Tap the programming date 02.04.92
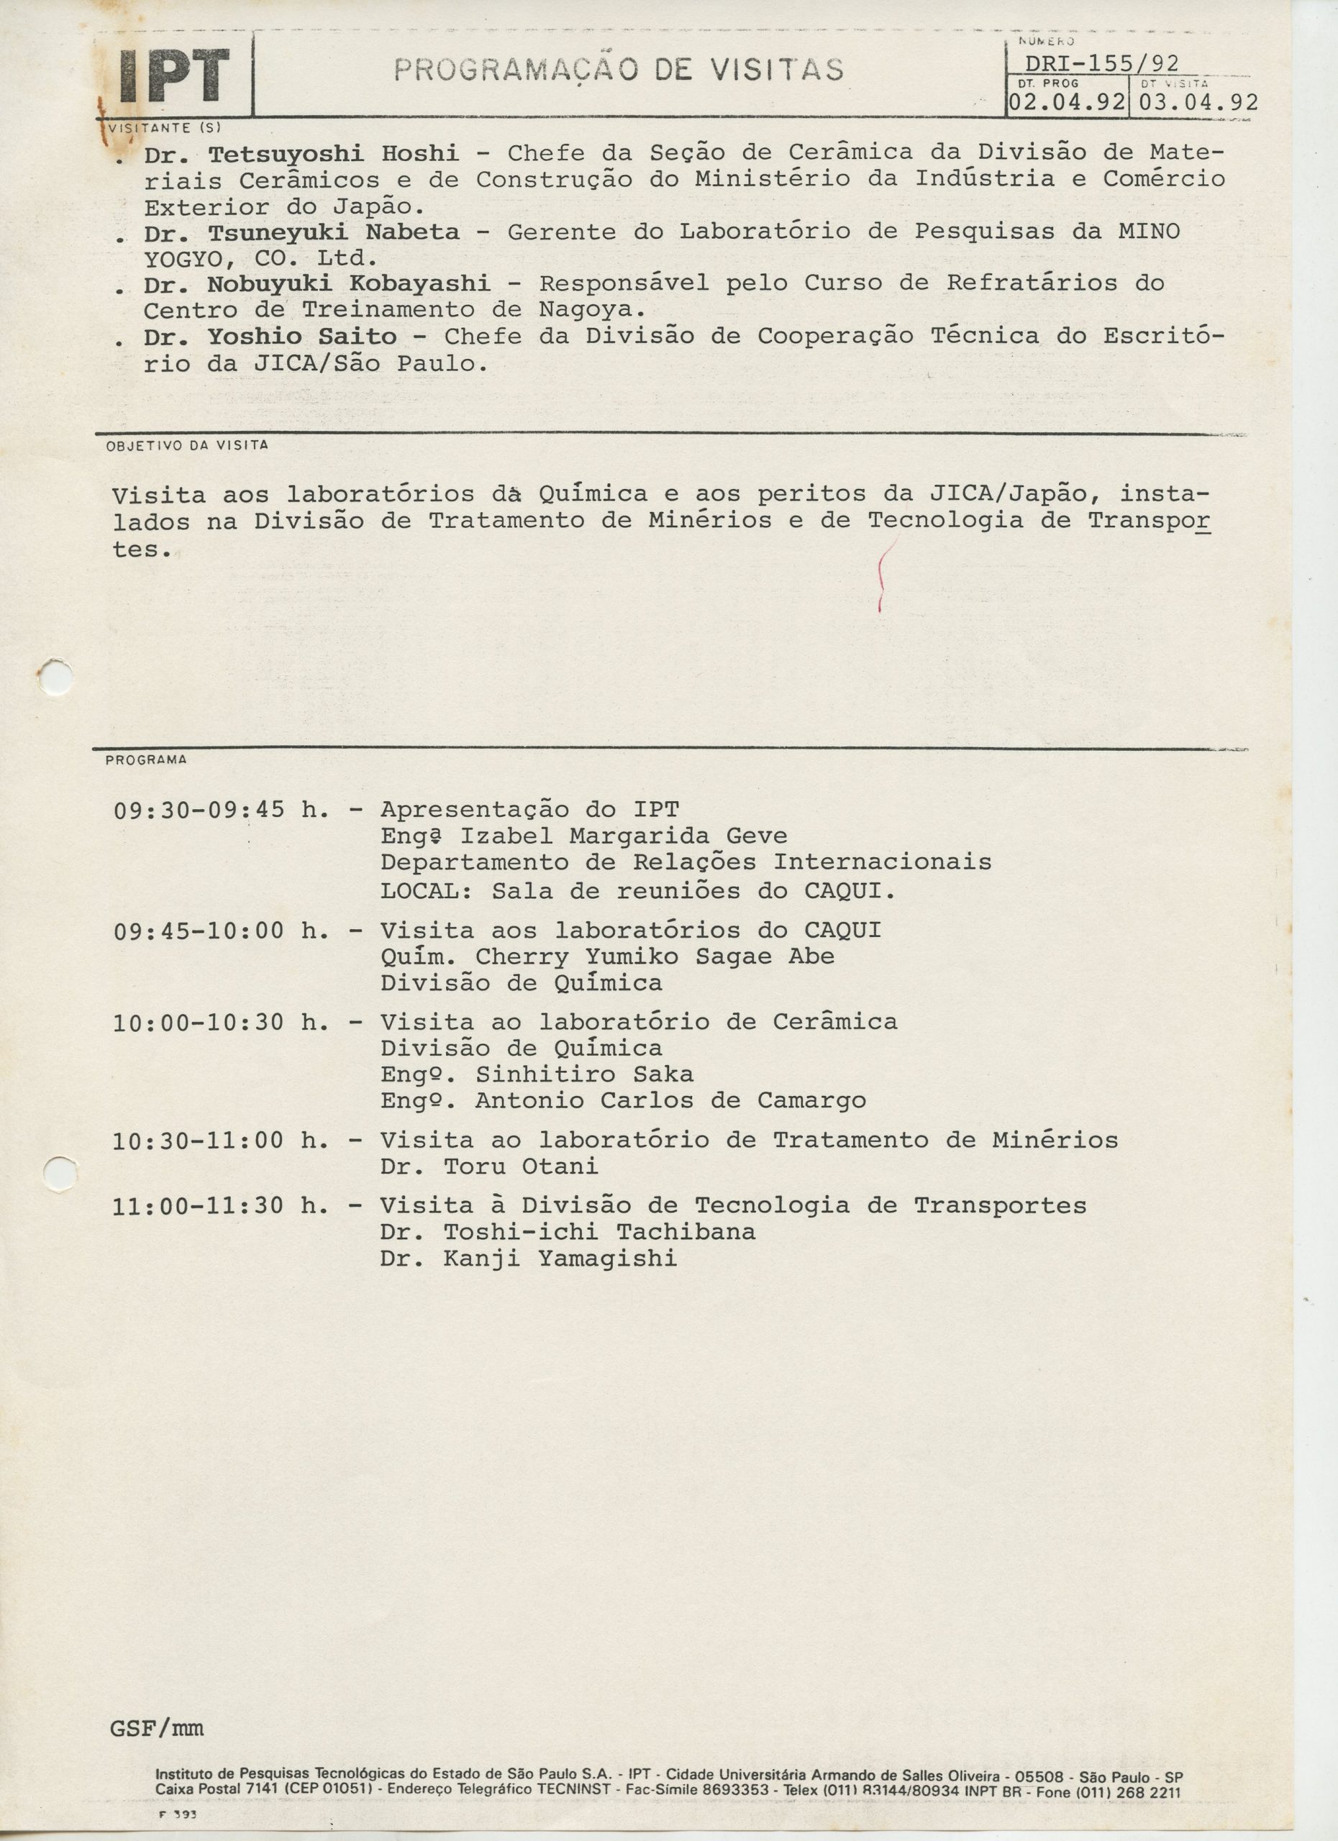pos(1067,103)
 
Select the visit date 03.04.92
pos(1198,103)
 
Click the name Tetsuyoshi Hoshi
pos(333,152)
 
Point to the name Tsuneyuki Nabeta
pos(333,232)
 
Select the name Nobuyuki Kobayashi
pos(348,283)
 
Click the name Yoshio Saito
pos(302,336)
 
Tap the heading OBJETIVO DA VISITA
pos(187,446)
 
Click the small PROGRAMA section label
pos(145,760)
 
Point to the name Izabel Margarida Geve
pos(623,836)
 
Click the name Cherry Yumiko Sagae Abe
pos(655,956)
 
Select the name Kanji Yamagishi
pos(560,1259)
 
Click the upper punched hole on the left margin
pos(57,676)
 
